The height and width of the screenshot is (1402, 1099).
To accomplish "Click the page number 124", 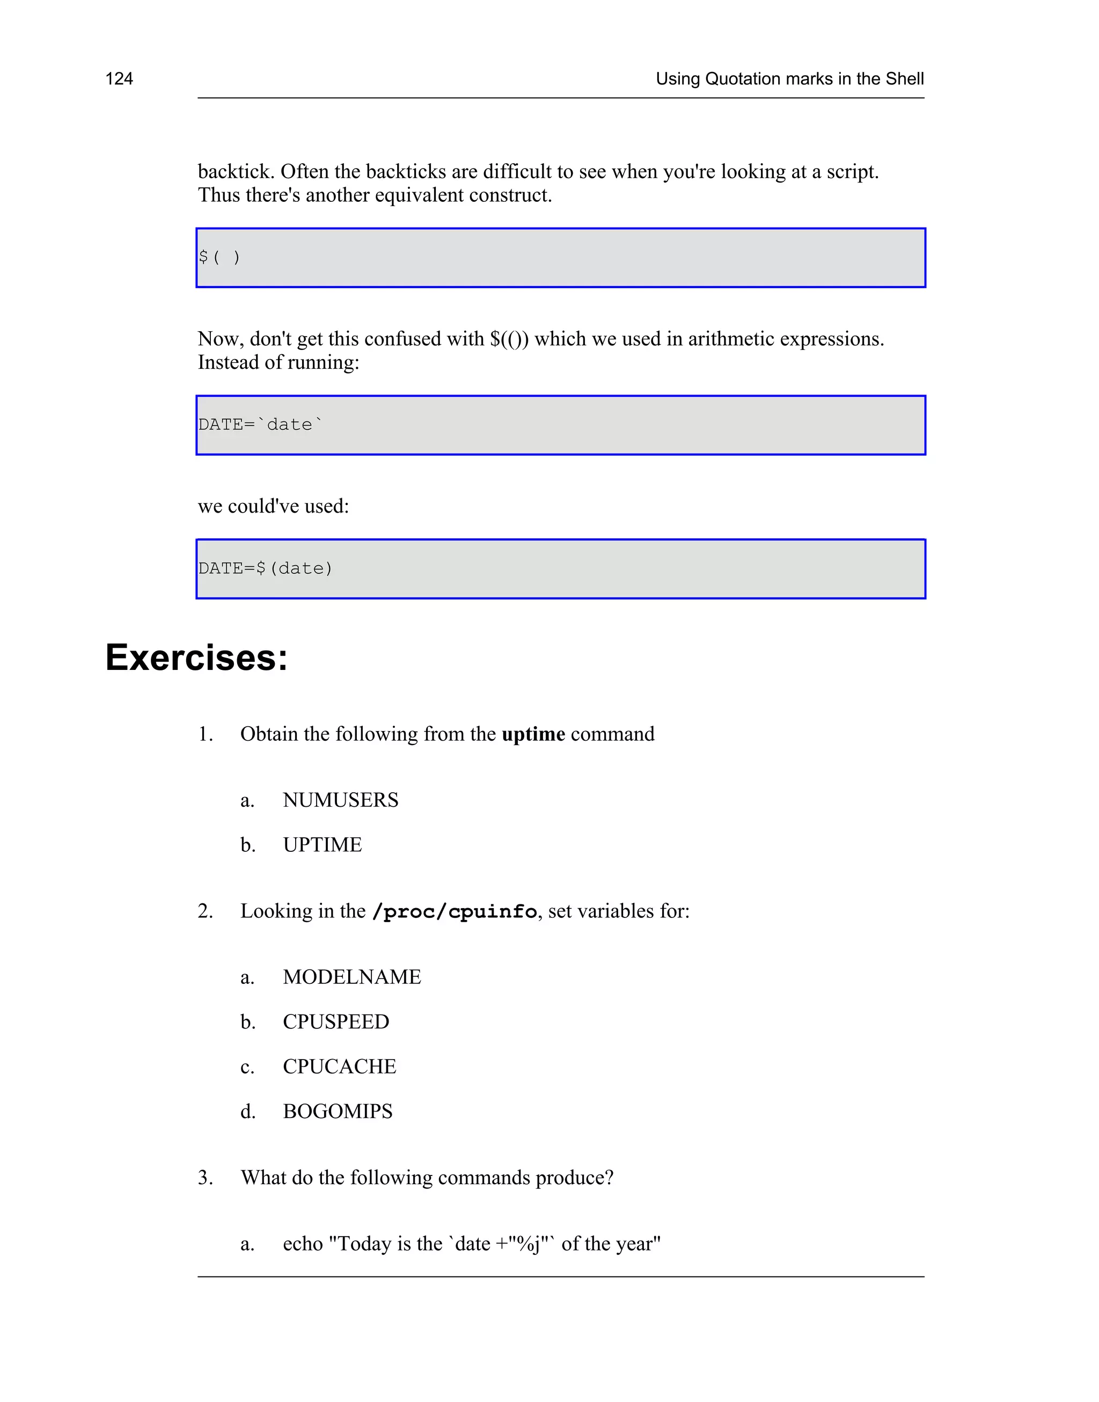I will click(119, 79).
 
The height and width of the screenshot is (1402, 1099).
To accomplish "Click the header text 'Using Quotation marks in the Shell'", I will click(789, 79).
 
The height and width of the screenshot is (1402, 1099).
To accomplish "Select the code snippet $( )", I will click(219, 257).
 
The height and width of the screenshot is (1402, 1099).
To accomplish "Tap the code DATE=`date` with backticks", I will click(261, 425).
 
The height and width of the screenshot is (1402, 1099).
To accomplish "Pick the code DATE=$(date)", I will click(265, 569).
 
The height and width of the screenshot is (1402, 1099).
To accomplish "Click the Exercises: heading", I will click(196, 658).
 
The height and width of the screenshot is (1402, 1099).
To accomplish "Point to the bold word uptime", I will click(533, 734).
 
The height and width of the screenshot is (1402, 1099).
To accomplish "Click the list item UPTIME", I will click(323, 845).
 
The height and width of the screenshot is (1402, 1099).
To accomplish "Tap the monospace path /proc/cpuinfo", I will click(455, 912).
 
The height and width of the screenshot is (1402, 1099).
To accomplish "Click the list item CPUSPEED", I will click(336, 1022).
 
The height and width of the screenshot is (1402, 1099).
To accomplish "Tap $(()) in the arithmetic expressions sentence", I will click(509, 339).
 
